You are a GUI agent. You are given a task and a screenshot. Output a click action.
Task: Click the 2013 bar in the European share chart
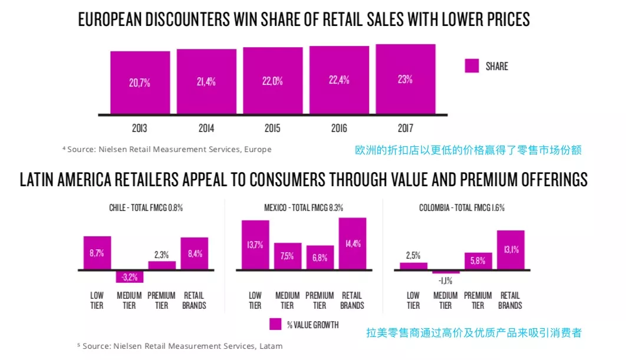pos(140,82)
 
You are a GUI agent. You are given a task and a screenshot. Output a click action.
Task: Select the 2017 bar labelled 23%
pos(405,79)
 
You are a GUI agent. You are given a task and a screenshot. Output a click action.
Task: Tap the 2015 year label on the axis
pos(272,128)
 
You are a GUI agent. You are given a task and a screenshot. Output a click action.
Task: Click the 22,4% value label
pos(339,81)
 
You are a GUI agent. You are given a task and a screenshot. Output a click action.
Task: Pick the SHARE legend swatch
pos(472,66)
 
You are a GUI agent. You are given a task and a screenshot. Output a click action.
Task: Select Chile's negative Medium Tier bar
pos(129,276)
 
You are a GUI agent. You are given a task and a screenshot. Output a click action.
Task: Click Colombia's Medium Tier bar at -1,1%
pos(446,272)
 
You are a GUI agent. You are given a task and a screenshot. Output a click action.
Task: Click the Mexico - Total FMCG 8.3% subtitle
pos(304,208)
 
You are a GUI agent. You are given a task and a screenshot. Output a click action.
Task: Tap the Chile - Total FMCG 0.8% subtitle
pos(146,208)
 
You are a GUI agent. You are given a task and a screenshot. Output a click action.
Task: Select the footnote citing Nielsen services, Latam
pos(180,346)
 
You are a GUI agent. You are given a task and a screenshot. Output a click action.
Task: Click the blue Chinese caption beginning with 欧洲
pos(468,150)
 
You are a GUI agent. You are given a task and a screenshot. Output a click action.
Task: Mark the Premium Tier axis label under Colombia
pos(478,300)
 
